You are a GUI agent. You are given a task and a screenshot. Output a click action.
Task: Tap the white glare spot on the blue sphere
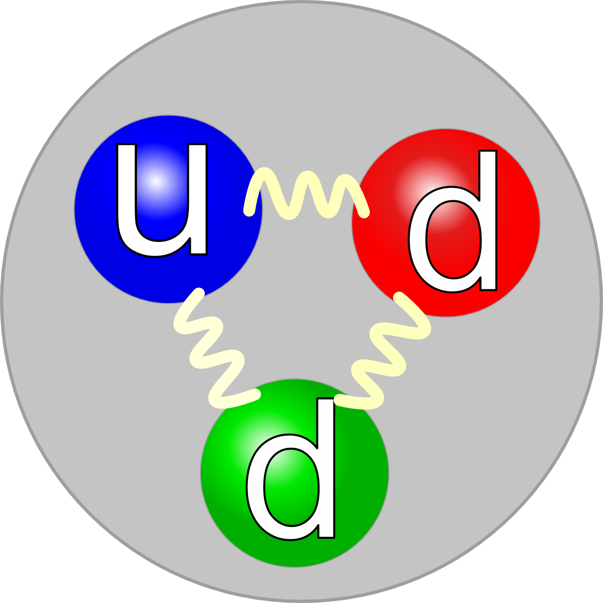pos(156,181)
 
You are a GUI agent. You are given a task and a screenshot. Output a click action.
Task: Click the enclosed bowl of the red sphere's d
pos(453,240)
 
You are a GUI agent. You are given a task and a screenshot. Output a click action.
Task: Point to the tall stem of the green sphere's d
pos(326,468)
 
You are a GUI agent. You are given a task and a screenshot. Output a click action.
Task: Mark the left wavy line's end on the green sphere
pos(256,394)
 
